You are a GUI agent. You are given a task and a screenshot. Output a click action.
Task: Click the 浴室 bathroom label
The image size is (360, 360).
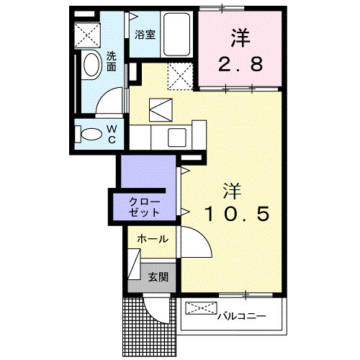coord(144,34)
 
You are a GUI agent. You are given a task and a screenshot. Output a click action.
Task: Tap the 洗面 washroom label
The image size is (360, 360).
coord(112,60)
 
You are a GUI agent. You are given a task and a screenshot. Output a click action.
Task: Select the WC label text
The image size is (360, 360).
coord(112,135)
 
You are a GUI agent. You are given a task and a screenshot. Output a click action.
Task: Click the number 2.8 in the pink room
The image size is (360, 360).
coord(240,63)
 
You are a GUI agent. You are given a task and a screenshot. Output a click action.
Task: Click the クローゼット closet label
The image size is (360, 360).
coord(144,206)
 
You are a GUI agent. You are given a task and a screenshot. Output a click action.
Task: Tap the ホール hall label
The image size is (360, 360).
coord(152,238)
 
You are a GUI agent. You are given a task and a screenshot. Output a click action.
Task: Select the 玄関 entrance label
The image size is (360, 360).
coord(158,276)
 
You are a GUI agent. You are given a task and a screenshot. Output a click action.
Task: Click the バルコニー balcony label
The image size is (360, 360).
coord(241,315)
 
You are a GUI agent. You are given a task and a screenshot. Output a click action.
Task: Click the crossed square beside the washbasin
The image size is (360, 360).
coord(89,33)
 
